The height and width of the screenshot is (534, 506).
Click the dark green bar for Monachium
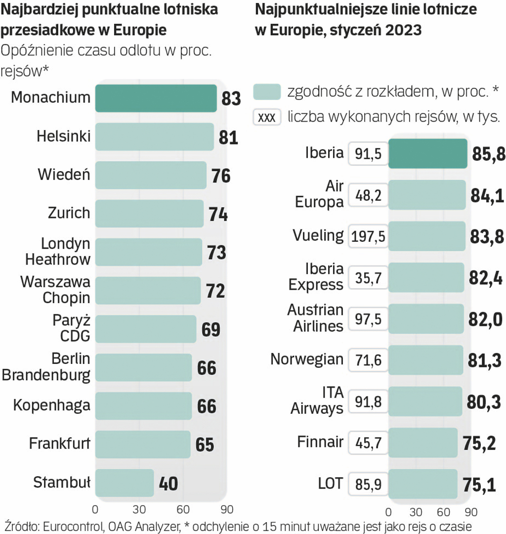click(x=156, y=98)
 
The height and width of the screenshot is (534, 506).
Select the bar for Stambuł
click(x=125, y=483)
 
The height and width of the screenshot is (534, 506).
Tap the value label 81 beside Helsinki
click(x=228, y=137)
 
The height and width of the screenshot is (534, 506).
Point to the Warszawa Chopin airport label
click(x=55, y=290)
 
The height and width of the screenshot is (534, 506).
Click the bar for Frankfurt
click(x=143, y=444)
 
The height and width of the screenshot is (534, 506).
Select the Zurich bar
click(x=149, y=214)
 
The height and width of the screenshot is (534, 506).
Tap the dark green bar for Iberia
click(x=428, y=153)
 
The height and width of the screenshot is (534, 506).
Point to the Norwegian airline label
click(x=306, y=359)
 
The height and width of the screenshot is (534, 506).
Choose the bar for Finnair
click(x=423, y=443)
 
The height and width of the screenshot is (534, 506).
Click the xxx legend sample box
click(x=267, y=117)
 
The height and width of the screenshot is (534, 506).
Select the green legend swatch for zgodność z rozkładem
click(x=267, y=91)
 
